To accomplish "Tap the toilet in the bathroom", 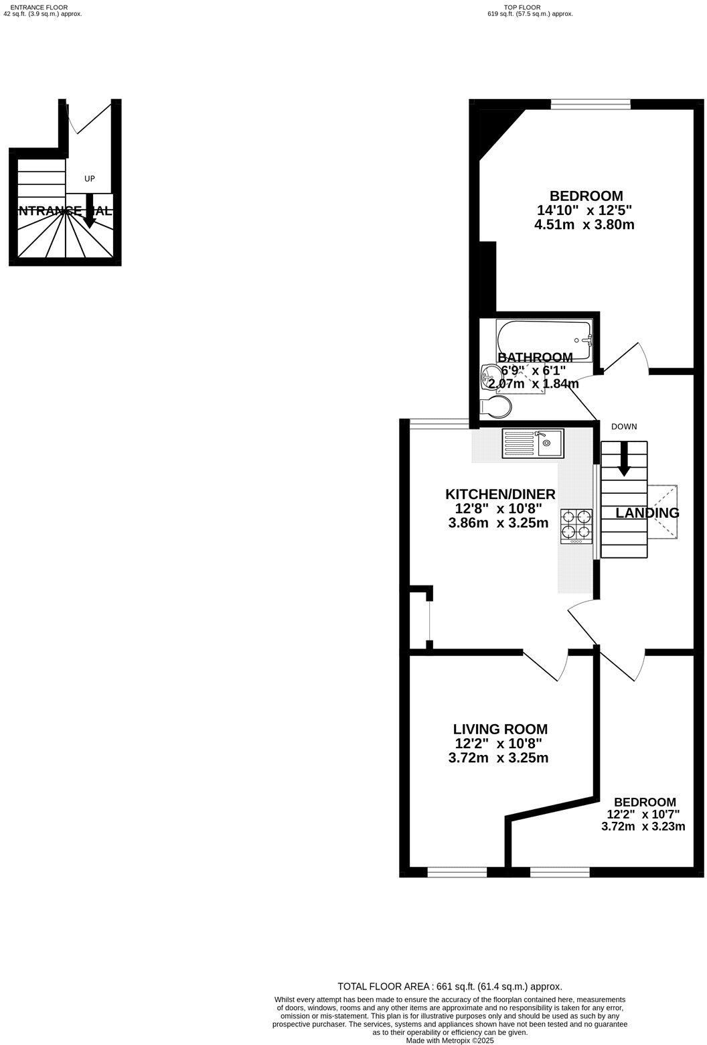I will point(495,407).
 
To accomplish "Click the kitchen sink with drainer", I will point(533,443).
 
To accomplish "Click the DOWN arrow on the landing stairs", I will point(623,460).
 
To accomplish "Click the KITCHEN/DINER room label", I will point(500,494).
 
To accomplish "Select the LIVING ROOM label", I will point(500,729).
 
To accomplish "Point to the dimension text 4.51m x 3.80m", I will point(584,225).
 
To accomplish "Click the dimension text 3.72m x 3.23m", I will point(643,827).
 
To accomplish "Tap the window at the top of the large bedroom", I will point(591,103).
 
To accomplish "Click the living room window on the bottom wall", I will point(457,872).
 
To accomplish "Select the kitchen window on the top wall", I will point(439,423).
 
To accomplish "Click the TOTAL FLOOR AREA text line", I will point(449,986).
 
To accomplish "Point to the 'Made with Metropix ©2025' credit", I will point(449,1040).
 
